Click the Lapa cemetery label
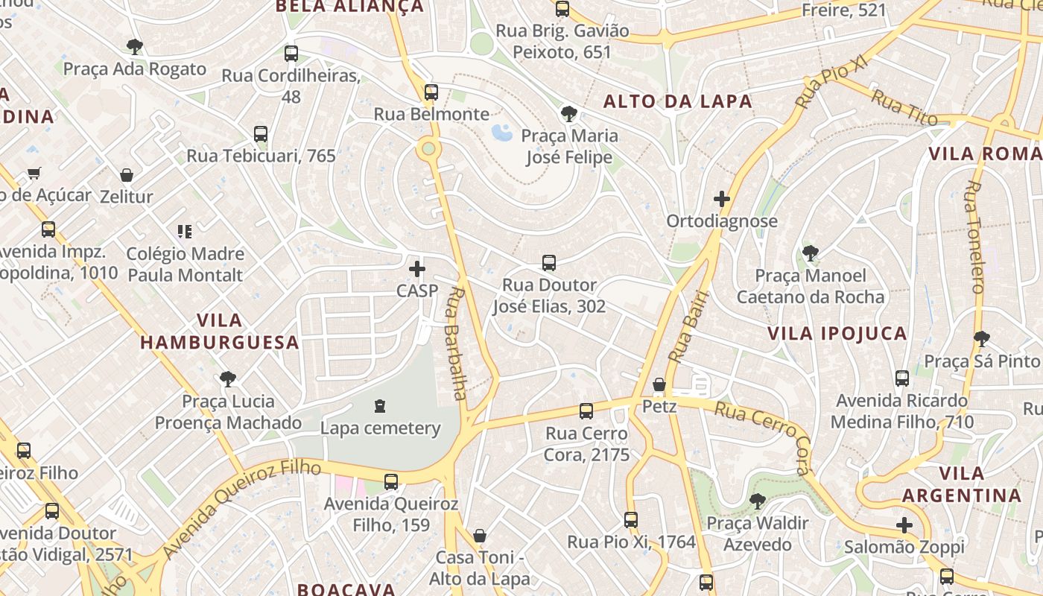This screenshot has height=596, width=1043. click(x=380, y=428)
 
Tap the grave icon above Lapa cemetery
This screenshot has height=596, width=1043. click(x=381, y=406)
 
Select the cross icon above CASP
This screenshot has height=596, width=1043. click(x=417, y=268)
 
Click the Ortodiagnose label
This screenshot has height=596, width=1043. click(x=721, y=221)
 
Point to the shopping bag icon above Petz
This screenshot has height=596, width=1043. click(x=659, y=384)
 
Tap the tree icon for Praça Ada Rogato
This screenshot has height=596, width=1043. click(x=135, y=47)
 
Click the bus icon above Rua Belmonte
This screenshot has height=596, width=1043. click(x=431, y=92)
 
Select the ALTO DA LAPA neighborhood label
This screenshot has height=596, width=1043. click(x=677, y=101)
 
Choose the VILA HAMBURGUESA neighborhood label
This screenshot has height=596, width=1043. click(x=220, y=332)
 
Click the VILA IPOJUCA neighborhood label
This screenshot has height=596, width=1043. click(x=837, y=333)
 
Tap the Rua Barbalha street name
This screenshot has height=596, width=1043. click(x=456, y=343)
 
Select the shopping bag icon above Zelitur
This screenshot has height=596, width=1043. click(x=127, y=175)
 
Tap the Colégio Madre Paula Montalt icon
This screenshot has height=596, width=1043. click(x=185, y=232)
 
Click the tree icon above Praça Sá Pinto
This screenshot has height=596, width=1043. click(x=982, y=339)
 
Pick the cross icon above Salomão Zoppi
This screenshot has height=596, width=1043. click(x=904, y=525)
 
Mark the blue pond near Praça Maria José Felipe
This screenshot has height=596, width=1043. click(x=501, y=133)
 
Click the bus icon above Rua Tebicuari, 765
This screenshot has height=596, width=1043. click(x=261, y=134)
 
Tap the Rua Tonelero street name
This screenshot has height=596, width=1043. click(x=975, y=237)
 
